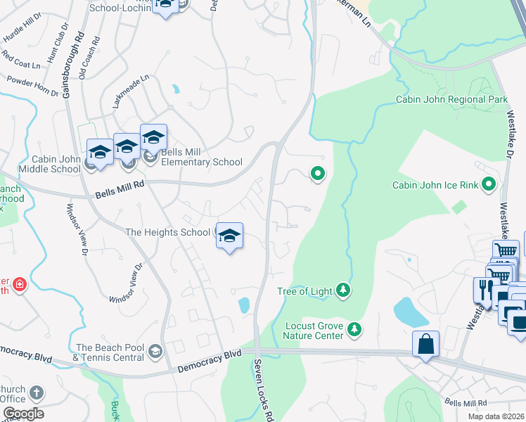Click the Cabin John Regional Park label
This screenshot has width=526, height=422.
451,100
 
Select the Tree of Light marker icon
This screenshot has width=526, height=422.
342,290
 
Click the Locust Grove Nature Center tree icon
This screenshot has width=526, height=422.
356,328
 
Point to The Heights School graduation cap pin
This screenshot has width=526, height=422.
229,236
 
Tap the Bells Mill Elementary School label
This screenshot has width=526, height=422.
202,157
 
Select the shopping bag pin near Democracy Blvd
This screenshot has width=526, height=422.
425,345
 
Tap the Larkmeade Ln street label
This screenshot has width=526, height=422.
131,93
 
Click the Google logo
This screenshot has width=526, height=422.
23,414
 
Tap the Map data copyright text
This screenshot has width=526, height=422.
496,416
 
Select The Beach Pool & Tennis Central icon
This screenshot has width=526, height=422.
155,351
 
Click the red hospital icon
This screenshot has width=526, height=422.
20,285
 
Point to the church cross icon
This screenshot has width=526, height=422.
37,393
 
